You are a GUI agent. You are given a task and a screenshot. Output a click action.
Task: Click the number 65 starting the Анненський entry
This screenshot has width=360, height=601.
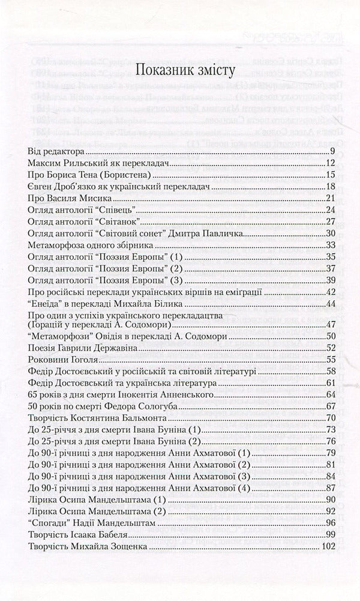click(x=34, y=394)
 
